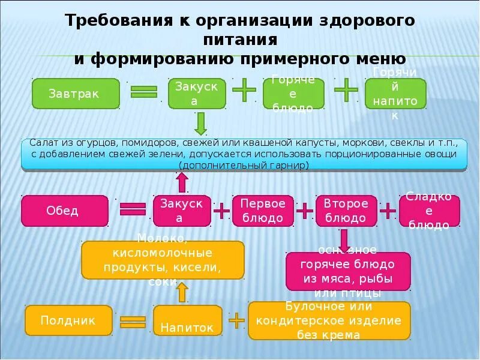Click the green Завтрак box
pyautogui.click(x=76, y=94)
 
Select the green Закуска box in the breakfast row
pyautogui.click(x=197, y=94)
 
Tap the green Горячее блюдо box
pyautogui.click(x=293, y=94)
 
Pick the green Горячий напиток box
pyautogui.click(x=395, y=94)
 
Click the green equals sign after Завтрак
pyautogui.click(x=144, y=91)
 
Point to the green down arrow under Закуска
pyautogui.click(x=200, y=124)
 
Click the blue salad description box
pyautogui.click(x=244, y=155)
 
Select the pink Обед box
pyautogui.click(x=65, y=211)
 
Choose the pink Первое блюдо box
pyautogui.click(x=263, y=211)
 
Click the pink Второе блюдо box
pyautogui.click(x=345, y=211)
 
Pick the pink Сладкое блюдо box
pyautogui.click(x=429, y=211)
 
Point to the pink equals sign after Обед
pyautogui.click(x=133, y=209)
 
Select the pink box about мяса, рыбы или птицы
pyautogui.click(x=348, y=271)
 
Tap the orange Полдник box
pyautogui.click(x=68, y=320)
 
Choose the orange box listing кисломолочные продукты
pyautogui.click(x=163, y=260)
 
